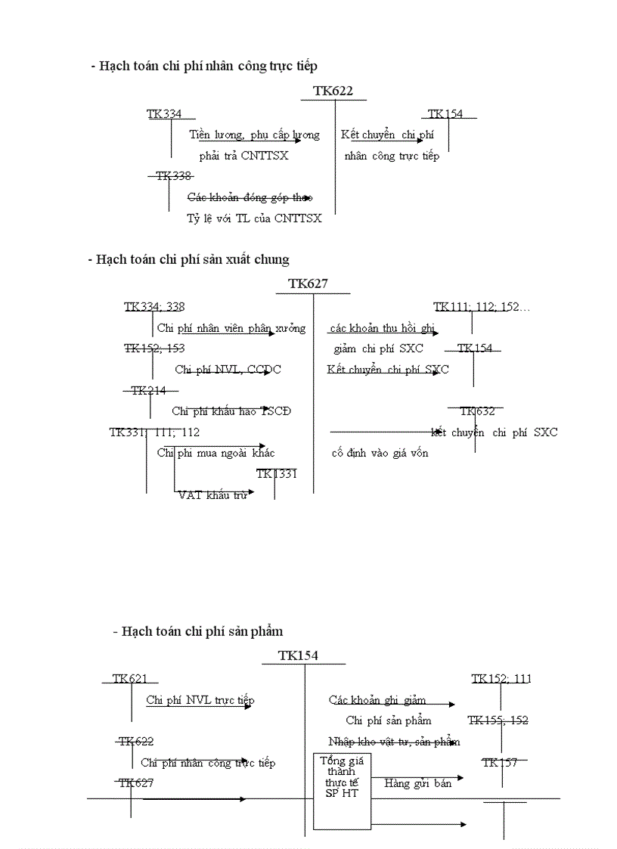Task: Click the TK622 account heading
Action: [333, 91]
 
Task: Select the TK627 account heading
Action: [308, 284]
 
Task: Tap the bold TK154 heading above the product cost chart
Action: [298, 655]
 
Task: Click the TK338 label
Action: [173, 176]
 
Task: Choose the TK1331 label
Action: [276, 474]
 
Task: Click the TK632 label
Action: [477, 411]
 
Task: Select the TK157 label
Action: [500, 763]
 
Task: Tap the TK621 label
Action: [129, 679]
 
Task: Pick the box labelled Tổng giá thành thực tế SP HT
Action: [342, 791]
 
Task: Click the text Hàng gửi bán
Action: [417, 783]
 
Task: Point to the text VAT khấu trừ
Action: [212, 496]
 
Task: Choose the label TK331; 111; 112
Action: [154, 432]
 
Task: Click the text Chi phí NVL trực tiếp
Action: [200, 700]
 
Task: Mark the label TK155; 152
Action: [498, 720]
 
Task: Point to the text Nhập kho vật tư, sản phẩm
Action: [394, 742]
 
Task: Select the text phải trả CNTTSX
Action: [243, 156]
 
